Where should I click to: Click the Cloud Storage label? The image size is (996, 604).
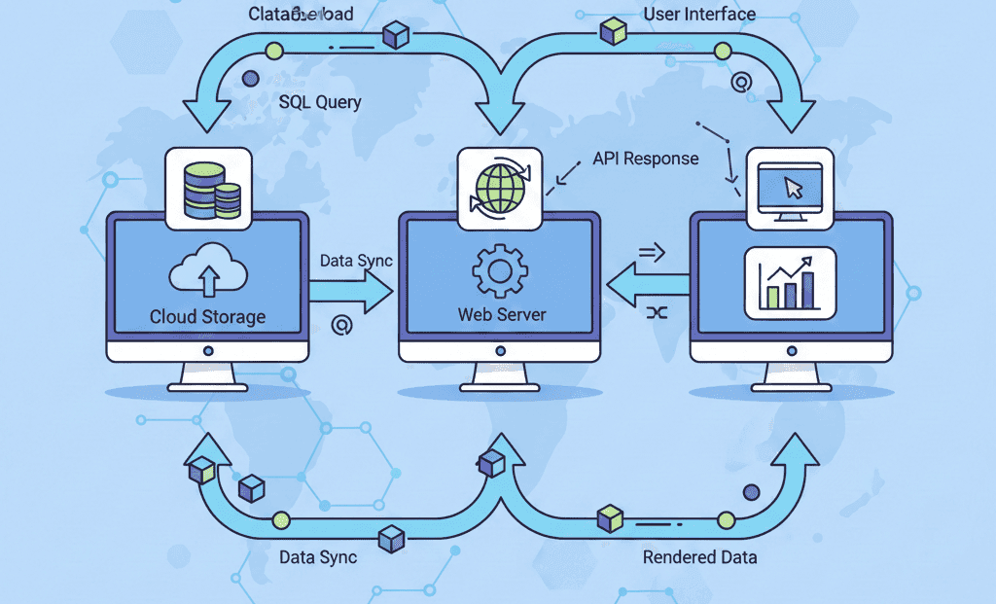(x=207, y=317)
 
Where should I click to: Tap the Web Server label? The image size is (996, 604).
(x=502, y=315)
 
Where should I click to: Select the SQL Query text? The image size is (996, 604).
(x=320, y=102)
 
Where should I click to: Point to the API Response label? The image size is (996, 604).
(x=646, y=159)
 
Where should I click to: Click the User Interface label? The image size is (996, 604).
(x=699, y=15)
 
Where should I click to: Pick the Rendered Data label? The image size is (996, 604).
(x=699, y=557)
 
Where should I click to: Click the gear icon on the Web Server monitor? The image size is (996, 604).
(x=499, y=270)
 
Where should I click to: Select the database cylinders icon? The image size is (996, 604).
(x=210, y=189)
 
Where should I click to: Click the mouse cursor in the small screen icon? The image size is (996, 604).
(x=794, y=187)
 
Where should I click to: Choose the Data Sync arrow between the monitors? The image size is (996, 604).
(x=351, y=291)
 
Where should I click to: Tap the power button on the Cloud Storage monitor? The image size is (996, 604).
(x=208, y=350)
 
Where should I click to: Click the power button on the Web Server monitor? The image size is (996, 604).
(x=500, y=350)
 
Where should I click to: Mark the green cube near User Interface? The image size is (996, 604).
(x=613, y=31)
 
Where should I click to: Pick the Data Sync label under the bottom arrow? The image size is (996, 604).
(x=318, y=557)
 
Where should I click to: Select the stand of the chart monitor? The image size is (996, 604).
(x=791, y=376)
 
